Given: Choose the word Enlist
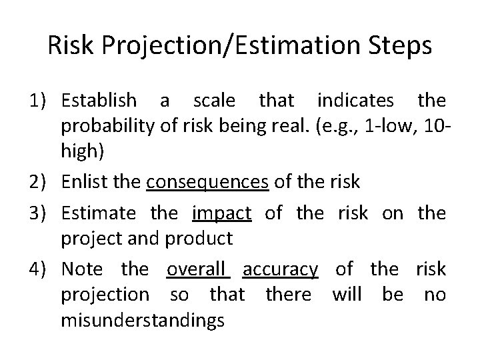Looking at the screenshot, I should click(x=82, y=181).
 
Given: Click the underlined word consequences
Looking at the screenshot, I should click(x=207, y=181).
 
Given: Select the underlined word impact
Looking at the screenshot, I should click(x=221, y=213).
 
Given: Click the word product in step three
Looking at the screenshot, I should click(x=201, y=239).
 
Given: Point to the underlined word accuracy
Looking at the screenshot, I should click(x=280, y=269).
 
